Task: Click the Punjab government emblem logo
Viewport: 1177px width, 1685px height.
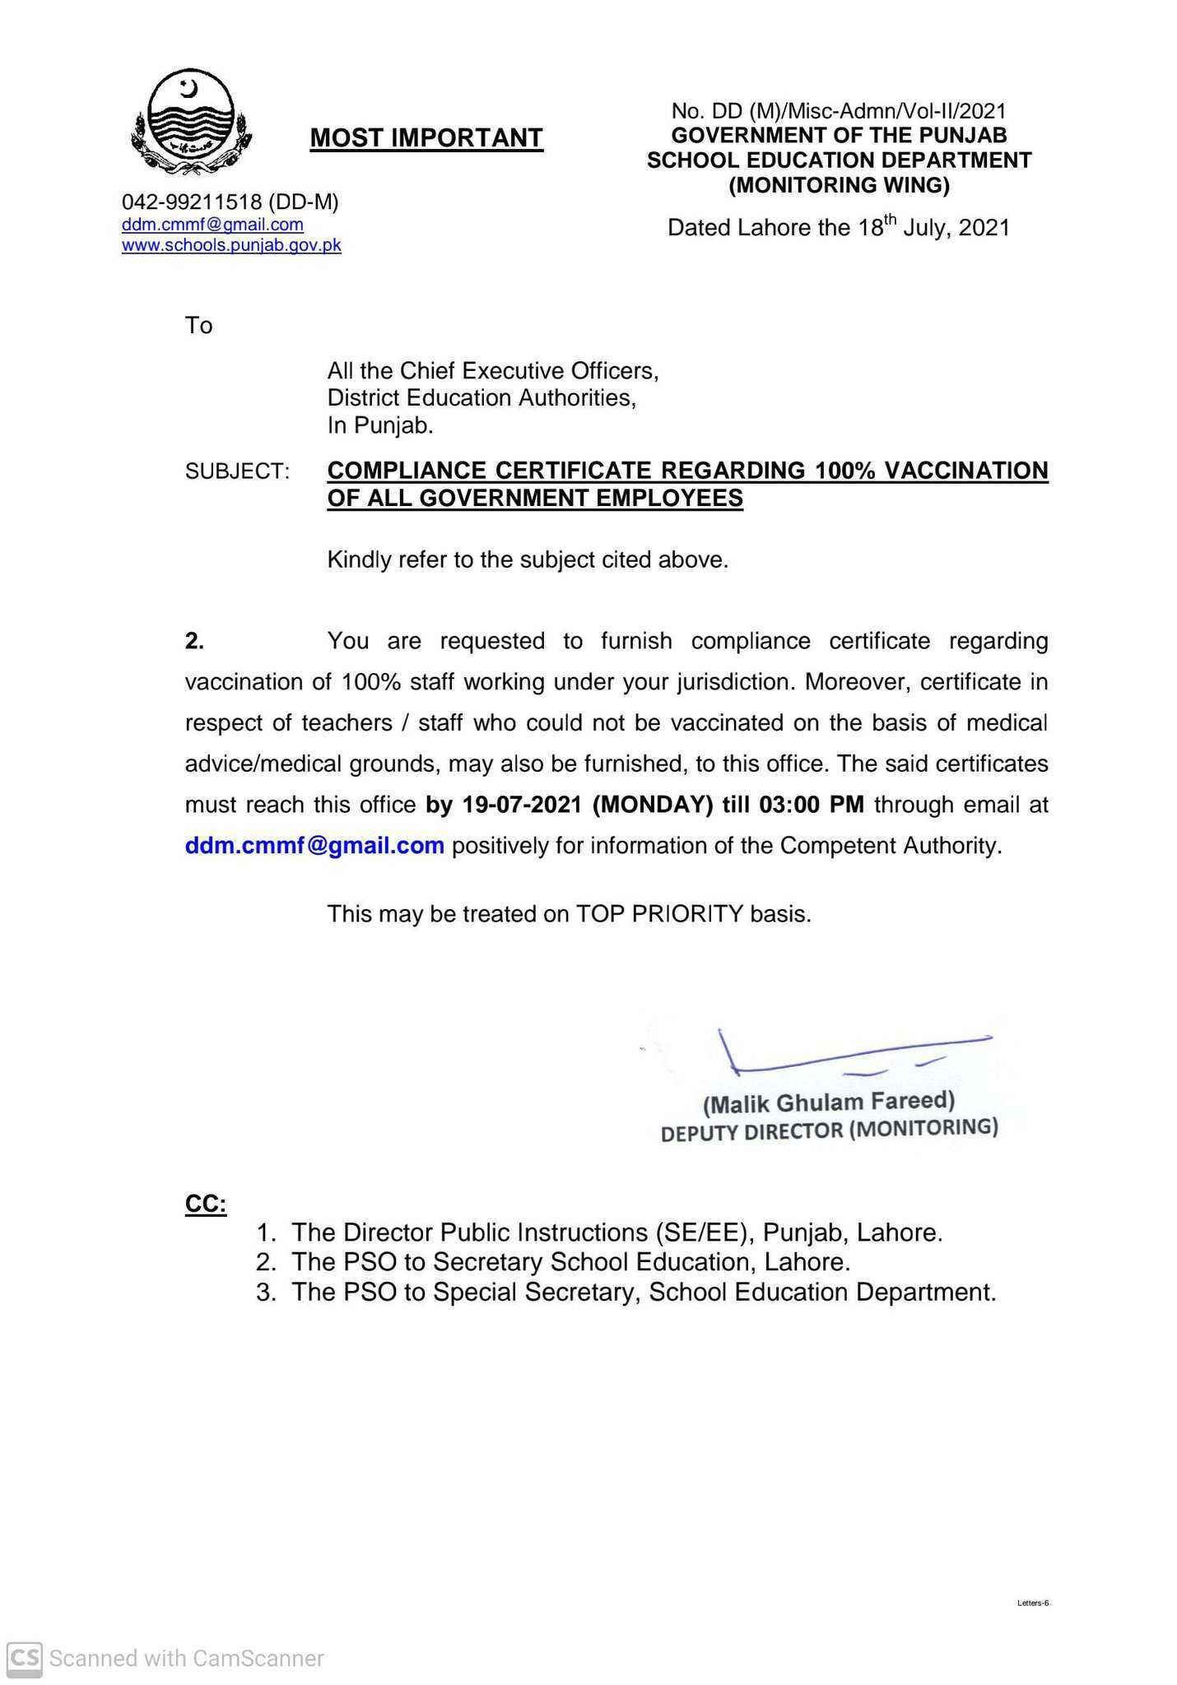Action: tap(191, 122)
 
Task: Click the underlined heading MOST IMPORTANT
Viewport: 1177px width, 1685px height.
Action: tap(426, 138)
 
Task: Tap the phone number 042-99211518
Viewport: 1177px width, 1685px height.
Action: tap(191, 202)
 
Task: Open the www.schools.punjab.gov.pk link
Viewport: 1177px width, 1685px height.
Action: tap(231, 245)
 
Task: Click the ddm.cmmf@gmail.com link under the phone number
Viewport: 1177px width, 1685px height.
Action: tap(212, 225)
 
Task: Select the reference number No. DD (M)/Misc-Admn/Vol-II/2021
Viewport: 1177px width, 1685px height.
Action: tap(839, 111)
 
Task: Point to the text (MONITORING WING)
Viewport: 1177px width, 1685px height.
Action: tap(839, 186)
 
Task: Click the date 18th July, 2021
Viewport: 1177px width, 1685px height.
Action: tap(933, 227)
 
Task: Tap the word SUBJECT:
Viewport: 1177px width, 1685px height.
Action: tap(237, 471)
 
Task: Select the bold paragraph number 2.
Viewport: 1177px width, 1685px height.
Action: tap(194, 641)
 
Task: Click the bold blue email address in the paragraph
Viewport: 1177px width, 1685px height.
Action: tap(314, 846)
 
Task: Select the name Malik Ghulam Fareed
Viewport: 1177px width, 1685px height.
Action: tap(829, 1102)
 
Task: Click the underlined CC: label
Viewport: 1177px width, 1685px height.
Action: tap(205, 1205)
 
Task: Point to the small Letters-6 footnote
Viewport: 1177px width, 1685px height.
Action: tap(1032, 1603)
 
